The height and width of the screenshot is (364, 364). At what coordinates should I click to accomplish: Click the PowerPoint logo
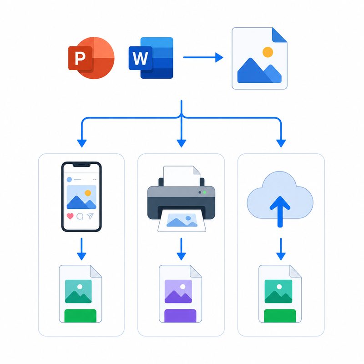click(91, 58)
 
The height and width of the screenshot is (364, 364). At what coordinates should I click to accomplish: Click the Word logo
click(151, 58)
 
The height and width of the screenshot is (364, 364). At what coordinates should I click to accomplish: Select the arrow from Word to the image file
click(203, 57)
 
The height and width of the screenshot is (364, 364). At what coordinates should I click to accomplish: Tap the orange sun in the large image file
click(268, 52)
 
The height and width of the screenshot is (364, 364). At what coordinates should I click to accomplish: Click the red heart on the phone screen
click(70, 217)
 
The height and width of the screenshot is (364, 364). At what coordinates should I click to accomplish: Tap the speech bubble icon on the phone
click(80, 217)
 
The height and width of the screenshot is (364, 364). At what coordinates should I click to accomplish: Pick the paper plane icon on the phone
click(90, 216)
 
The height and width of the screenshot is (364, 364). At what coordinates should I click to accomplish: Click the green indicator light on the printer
click(204, 192)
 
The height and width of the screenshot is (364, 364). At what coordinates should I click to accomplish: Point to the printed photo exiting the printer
click(182, 220)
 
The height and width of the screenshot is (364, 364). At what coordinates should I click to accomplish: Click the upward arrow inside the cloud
click(280, 212)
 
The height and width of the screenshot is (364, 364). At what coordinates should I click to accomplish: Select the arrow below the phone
click(81, 249)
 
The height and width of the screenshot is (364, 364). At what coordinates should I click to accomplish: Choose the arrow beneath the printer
click(181, 249)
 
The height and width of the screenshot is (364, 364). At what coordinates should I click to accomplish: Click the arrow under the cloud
click(281, 249)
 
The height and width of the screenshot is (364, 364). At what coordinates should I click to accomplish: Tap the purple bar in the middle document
click(180, 316)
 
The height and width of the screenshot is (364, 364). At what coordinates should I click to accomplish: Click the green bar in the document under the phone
click(81, 316)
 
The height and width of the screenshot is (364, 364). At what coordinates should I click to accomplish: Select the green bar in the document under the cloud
click(280, 316)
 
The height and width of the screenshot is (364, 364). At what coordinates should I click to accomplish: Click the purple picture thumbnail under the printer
click(178, 291)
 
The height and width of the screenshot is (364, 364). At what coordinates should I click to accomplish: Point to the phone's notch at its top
click(81, 165)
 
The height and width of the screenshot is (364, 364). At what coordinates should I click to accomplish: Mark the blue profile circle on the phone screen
click(69, 179)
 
